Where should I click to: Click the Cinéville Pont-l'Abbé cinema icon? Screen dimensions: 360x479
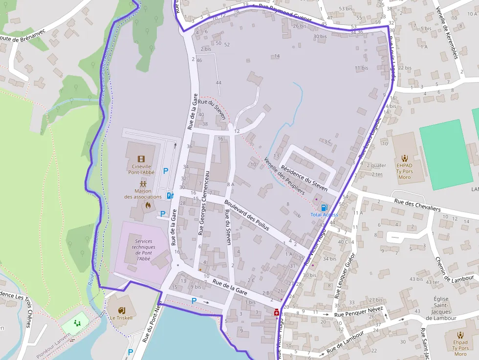[x=141, y=159]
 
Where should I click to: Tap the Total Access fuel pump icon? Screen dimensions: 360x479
[x=324, y=208]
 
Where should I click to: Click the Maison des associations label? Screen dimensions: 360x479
[x=143, y=194]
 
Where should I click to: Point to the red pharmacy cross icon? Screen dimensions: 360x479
[x=277, y=312]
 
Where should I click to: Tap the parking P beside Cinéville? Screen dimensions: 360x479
[x=165, y=171]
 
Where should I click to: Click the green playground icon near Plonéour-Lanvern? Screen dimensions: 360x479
[x=77, y=323]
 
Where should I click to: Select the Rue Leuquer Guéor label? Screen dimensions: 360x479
[x=345, y=276]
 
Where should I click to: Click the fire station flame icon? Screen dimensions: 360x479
[x=147, y=206]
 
